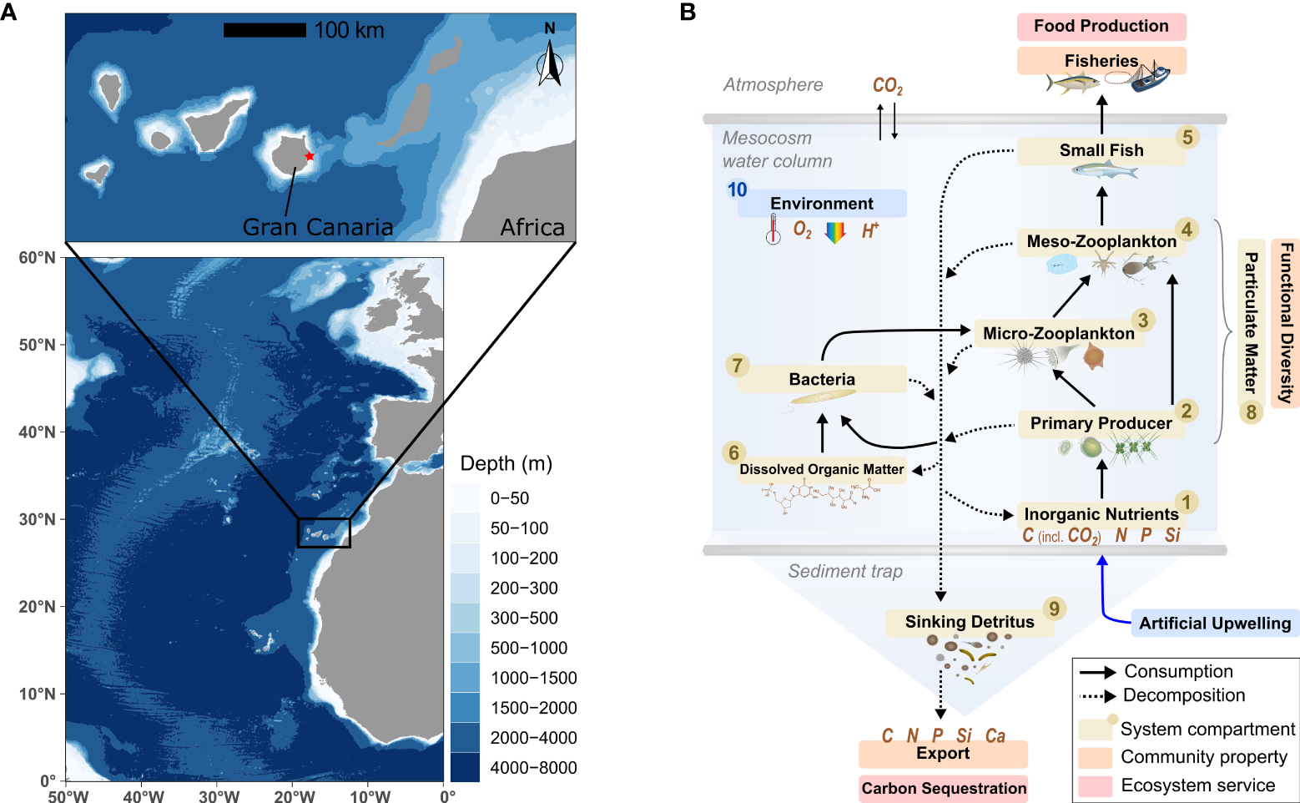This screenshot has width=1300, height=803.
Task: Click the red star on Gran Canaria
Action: coord(310,156)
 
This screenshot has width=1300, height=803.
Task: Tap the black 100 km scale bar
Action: coord(265,30)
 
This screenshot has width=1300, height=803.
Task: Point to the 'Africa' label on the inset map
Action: coord(532,227)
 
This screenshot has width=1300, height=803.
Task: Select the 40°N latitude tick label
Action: coord(37,432)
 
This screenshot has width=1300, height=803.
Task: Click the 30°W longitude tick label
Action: coord(219,796)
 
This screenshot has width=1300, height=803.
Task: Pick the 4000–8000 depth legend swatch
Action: coord(465,767)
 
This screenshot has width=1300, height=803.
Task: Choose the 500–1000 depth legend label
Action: coord(529,648)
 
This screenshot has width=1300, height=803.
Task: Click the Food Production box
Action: coord(1101,27)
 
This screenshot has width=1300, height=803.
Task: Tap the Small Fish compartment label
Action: coord(1101,150)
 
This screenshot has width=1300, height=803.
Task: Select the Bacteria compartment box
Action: coord(822,379)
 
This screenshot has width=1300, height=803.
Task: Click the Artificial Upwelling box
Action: coord(1215,624)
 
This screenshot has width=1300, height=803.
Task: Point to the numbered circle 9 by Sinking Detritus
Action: coord(1055,609)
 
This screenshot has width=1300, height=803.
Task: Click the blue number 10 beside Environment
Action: coord(737,189)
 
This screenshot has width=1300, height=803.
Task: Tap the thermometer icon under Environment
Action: coord(773,228)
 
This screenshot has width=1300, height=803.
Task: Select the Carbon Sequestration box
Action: coord(944,788)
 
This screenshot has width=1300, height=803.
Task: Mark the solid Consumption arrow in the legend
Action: coord(1097,672)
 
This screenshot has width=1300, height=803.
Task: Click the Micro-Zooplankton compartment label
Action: coord(1059,333)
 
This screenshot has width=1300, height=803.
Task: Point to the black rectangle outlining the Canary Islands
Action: coord(324,533)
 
